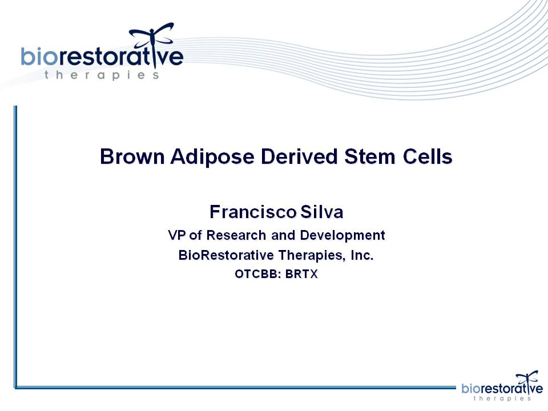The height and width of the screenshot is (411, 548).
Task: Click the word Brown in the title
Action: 132,156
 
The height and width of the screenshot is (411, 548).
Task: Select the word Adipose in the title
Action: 212,157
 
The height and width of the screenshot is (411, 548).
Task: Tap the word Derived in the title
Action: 299,156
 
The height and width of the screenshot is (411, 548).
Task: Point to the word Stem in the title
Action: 370,156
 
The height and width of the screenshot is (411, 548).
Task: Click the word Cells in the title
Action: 428,156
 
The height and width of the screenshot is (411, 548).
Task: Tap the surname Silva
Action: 321,212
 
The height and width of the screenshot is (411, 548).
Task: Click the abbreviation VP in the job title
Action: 176,235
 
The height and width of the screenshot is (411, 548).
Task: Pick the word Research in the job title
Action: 236,235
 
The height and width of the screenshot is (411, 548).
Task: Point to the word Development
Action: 342,236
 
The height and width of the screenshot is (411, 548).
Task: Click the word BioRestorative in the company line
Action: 226,255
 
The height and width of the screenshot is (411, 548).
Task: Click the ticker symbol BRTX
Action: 301,274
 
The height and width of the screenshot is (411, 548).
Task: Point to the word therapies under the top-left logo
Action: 102,75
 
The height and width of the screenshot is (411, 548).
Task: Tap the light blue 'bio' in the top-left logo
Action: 39,57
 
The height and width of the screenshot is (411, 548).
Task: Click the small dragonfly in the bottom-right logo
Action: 527,381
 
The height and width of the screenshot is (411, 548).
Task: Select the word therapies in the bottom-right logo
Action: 502,398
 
